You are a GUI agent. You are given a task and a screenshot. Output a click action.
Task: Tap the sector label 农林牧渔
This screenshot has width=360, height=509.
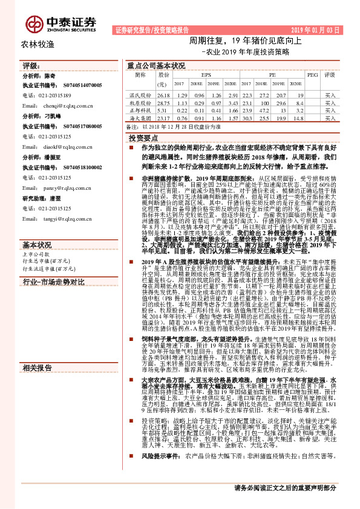tap(38, 44)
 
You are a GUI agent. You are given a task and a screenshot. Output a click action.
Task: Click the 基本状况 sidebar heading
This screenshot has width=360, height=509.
tap(37, 228)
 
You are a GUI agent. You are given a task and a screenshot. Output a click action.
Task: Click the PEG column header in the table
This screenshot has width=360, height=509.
tap(312, 75)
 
